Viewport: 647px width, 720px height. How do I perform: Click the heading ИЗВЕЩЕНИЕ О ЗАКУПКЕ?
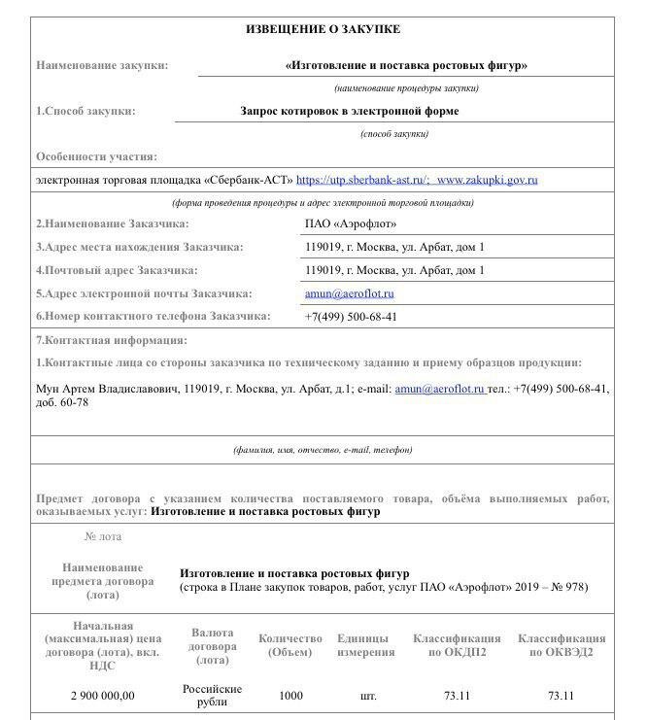click(x=323, y=30)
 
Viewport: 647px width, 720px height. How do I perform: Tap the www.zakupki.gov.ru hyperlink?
click(x=487, y=180)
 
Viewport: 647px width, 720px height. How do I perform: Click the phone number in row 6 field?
click(x=351, y=317)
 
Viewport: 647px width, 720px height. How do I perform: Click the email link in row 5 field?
click(x=349, y=293)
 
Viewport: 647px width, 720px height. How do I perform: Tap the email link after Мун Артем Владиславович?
click(x=439, y=389)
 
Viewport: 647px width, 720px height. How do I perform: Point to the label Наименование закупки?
click(x=102, y=65)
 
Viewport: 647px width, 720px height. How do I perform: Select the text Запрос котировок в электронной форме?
click(x=350, y=111)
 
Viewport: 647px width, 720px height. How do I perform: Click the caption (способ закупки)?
click(x=393, y=134)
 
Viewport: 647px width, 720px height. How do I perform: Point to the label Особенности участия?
click(x=96, y=156)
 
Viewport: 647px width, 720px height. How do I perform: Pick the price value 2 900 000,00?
click(x=103, y=696)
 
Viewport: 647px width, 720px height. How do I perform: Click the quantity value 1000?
click(x=290, y=696)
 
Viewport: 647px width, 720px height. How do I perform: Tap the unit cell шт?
click(x=367, y=696)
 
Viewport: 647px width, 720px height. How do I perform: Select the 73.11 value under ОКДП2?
click(x=457, y=696)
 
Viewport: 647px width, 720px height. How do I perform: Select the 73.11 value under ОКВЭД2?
click(x=561, y=696)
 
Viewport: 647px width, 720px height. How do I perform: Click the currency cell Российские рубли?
click(x=213, y=696)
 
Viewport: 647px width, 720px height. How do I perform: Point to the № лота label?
click(x=103, y=536)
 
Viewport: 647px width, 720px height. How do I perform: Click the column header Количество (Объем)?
click(x=290, y=645)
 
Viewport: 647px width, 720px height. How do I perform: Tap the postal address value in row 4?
click(x=394, y=270)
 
